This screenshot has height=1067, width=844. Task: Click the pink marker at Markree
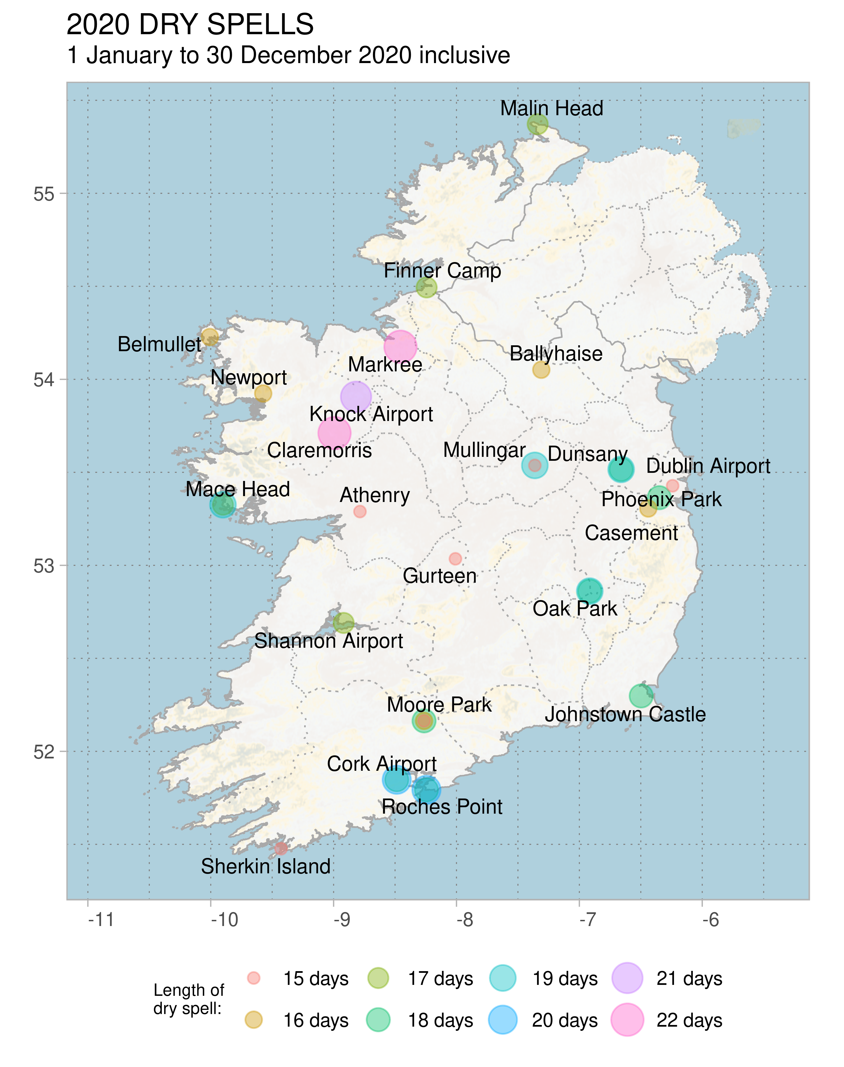pos(400,347)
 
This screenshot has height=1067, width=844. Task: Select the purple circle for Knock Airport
pos(356,397)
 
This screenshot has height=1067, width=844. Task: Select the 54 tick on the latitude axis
pos(43,380)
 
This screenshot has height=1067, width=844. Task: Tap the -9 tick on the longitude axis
pos(341,920)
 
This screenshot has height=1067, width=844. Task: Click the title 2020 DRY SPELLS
pos(190,25)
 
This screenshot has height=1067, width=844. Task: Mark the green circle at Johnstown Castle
pos(641,696)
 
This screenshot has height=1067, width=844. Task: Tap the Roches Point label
pos(442,807)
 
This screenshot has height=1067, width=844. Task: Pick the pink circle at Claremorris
pos(335,433)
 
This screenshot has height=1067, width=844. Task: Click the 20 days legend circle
pos(503,1020)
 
